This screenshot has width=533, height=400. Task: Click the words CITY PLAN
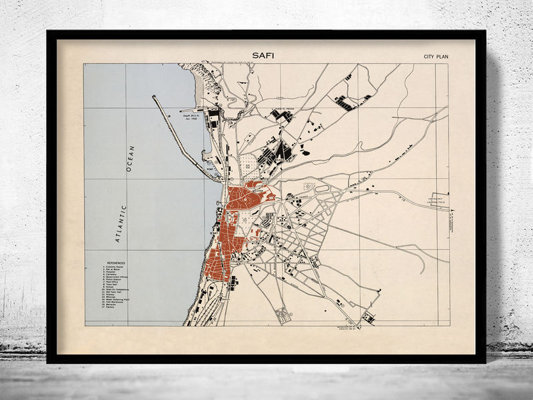tap(436, 57)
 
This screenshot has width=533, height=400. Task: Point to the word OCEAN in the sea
tap(131, 159)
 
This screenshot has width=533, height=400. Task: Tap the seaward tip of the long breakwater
tap(153, 97)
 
